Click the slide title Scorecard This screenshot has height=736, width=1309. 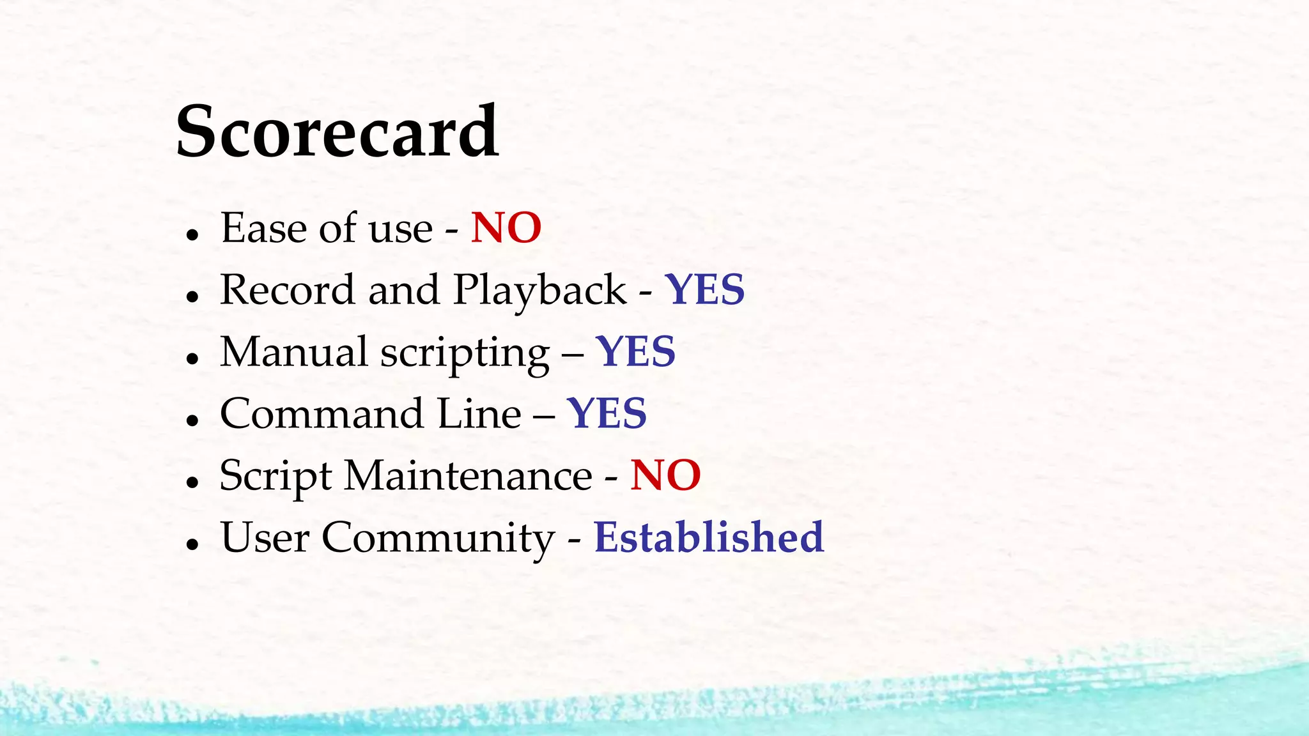(337, 132)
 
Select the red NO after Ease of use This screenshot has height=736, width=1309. (506, 228)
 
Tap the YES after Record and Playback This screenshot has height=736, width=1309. (705, 290)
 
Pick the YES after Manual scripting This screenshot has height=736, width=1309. (636, 352)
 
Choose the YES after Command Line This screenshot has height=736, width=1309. (607, 413)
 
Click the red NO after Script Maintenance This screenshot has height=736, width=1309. (665, 475)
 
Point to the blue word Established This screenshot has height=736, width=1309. (709, 537)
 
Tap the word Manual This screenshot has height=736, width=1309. (294, 352)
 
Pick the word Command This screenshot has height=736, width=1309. (321, 413)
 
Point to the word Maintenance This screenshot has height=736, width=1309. (469, 475)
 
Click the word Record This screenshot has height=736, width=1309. (287, 290)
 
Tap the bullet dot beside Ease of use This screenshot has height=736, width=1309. (192, 234)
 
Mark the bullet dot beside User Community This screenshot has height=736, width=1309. (192, 544)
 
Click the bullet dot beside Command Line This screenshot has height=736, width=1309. (192, 420)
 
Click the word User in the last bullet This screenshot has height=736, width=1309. (265, 537)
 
